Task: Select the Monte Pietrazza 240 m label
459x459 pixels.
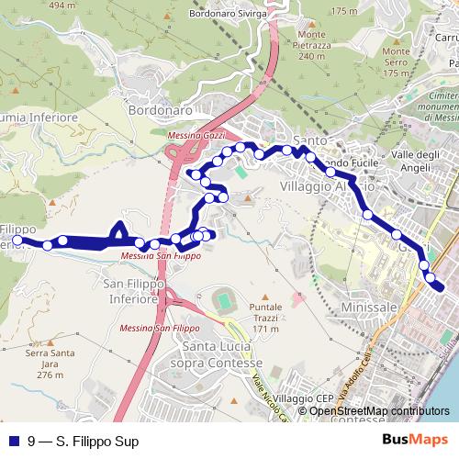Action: pos(311,45)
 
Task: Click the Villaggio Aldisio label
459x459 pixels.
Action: pos(315,185)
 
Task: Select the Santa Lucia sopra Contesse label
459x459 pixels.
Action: pos(224,354)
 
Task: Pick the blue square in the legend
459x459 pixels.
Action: pos(13,442)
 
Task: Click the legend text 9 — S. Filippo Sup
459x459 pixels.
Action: pos(84,442)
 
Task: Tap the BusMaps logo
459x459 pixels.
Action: pos(414,441)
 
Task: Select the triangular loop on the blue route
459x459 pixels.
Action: pos(119,233)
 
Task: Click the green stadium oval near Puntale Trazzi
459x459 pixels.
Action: pos(224,300)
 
